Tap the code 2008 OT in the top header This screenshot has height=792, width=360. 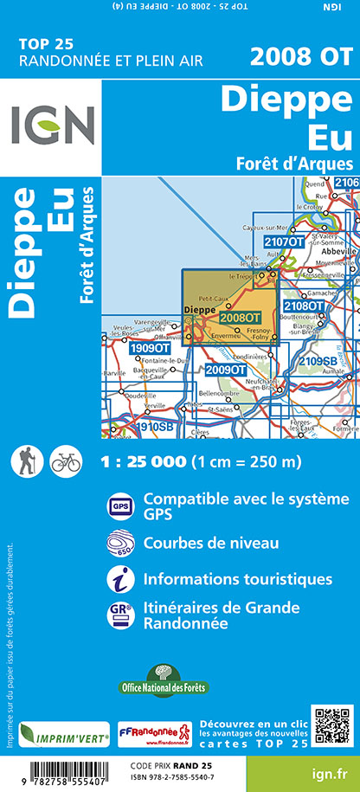300,57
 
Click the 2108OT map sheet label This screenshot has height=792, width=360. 304,306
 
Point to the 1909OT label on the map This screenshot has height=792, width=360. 148,348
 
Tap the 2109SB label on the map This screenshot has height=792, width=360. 318,361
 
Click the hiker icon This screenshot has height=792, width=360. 26,460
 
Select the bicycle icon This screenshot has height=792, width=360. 65,460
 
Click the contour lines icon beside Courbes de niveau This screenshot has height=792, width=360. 119,544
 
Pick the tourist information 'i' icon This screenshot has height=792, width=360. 119,578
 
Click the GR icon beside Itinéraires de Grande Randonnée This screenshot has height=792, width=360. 119,614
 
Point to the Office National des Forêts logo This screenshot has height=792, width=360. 161,677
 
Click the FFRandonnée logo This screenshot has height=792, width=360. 154,736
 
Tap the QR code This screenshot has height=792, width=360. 332,727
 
